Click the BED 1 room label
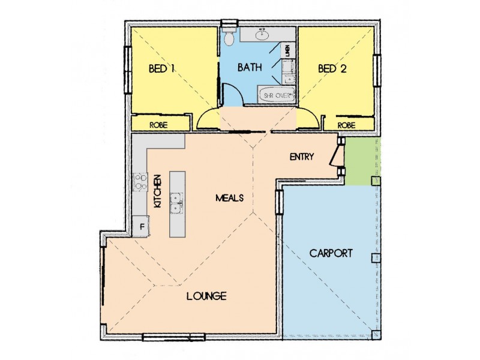coord(161,68)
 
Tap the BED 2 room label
coord(332,68)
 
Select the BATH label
coord(250,67)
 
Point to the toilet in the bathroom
coord(229,37)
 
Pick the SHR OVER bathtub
coord(277,95)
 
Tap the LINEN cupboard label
coord(287,50)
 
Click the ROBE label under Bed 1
coord(158,125)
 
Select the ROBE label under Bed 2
coord(347,125)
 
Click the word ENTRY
coord(302,157)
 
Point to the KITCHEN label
coord(157,191)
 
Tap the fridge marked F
coord(141,227)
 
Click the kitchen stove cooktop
coord(140,182)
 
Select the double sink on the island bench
coord(176,203)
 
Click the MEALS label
coord(230,198)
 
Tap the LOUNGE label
coord(206,296)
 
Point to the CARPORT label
coord(331,253)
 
